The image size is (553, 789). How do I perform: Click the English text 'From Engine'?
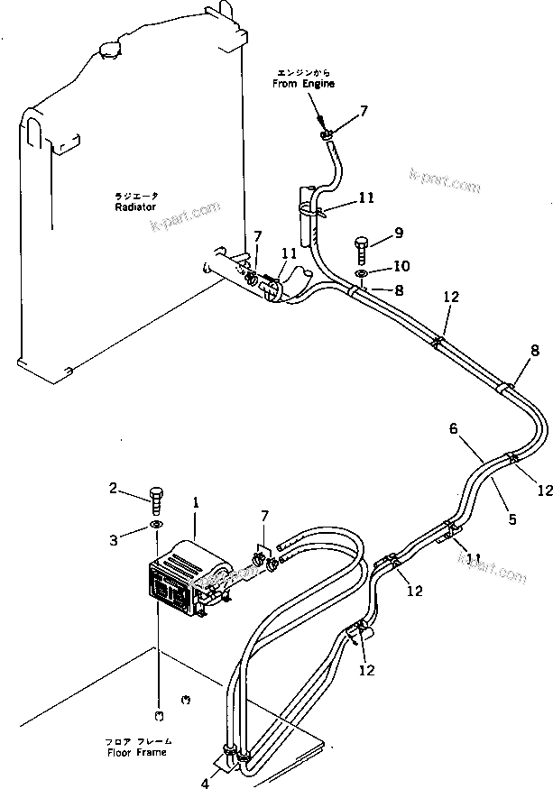click(304, 84)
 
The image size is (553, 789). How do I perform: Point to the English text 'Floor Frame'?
click(136, 751)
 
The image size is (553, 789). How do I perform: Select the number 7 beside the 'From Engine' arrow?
click(364, 111)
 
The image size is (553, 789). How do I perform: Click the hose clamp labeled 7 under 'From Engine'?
click(326, 135)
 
